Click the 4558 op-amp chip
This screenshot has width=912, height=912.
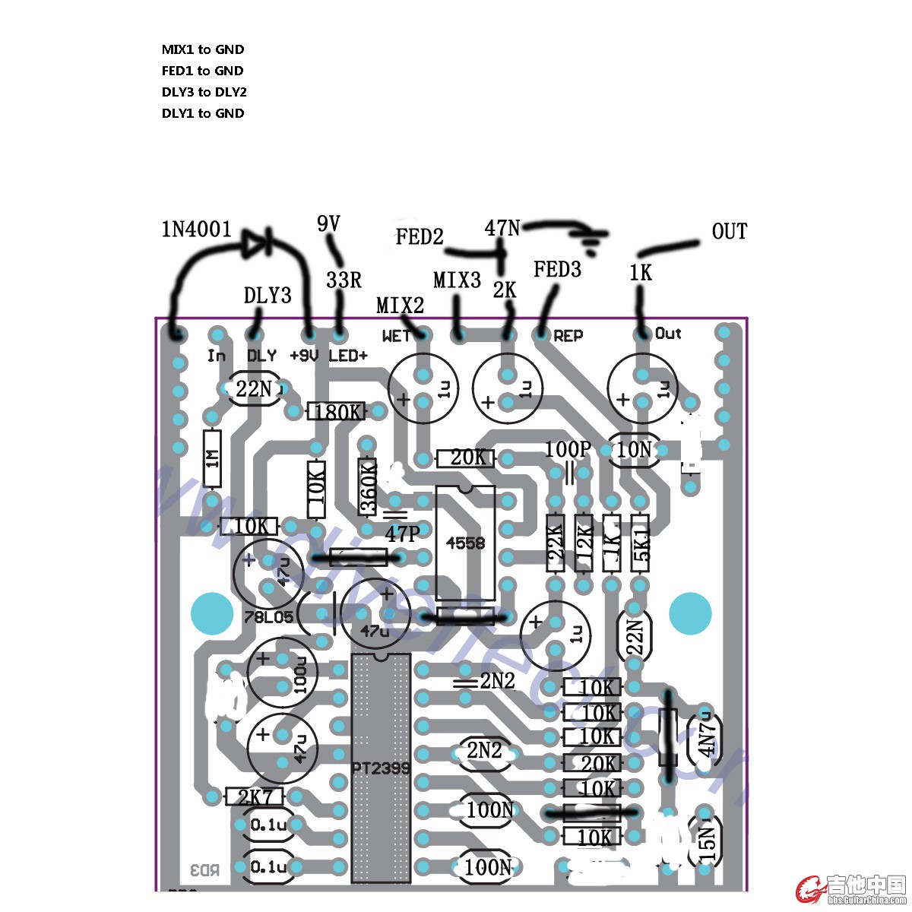(x=465, y=542)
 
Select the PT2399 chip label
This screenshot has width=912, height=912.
(x=381, y=768)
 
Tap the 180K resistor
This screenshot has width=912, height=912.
(x=336, y=412)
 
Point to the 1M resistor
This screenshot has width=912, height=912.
(x=213, y=458)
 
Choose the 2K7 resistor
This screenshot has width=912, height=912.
(x=255, y=796)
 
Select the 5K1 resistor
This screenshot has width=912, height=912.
(x=641, y=543)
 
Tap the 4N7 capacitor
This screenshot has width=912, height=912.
(x=707, y=736)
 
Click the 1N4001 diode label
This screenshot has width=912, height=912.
(x=196, y=229)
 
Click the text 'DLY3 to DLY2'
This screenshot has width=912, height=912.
(x=204, y=92)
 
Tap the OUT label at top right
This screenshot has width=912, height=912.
(x=729, y=232)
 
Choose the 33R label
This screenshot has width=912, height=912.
(x=344, y=280)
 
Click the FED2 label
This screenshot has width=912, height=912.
(x=419, y=237)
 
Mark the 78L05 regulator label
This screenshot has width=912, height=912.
(x=268, y=617)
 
